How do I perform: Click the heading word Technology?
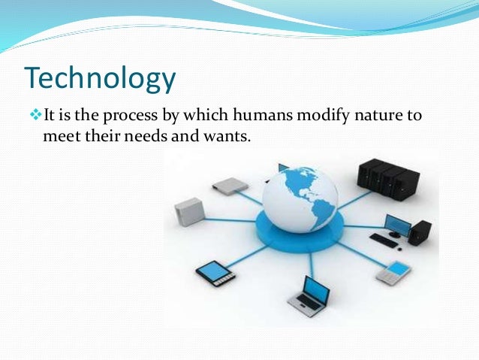(101, 77)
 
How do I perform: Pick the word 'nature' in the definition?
(375, 115)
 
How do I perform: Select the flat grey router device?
(230, 185)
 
